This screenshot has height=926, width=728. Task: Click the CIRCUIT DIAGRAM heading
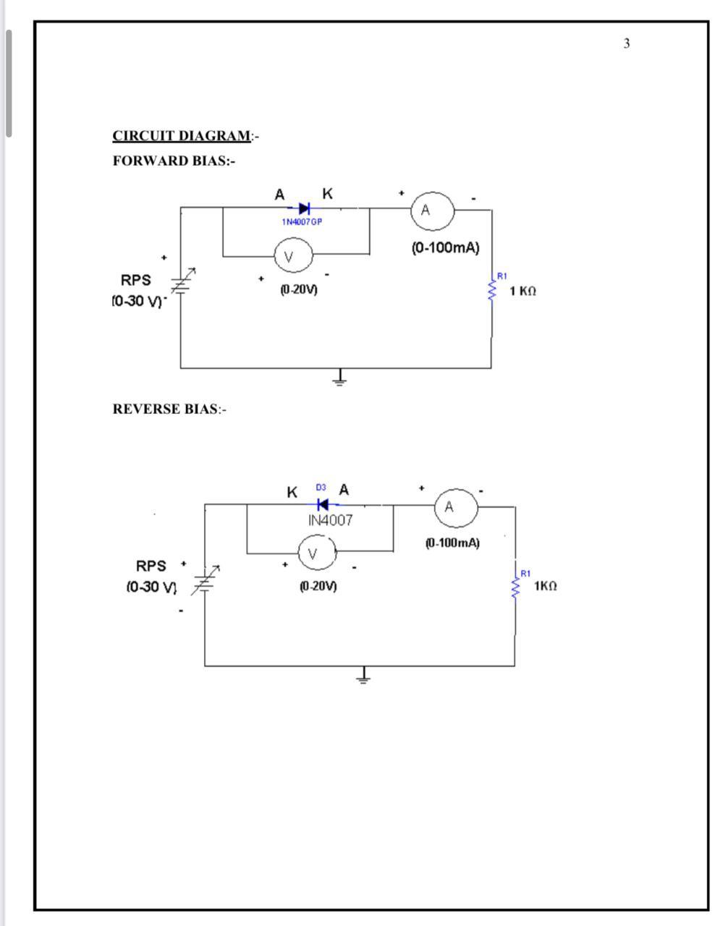coord(182,136)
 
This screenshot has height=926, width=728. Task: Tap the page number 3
coord(627,43)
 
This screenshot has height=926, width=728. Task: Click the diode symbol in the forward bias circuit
coord(304,208)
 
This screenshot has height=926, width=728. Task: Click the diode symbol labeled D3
coord(323,504)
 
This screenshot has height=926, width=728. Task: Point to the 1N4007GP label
coord(302,222)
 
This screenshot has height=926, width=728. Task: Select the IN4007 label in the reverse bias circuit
coord(330,520)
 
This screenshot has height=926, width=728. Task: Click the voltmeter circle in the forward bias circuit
coord(292,255)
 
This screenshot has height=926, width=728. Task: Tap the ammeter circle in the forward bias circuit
coord(432,211)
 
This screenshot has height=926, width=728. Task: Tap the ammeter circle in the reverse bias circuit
coord(455,507)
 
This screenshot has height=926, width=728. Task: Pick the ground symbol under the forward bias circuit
coord(339,378)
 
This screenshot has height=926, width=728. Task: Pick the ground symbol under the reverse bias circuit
coord(363,676)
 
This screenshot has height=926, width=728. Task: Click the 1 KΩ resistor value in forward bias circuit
coord(522,291)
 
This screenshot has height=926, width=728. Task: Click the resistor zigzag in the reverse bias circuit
coord(515,587)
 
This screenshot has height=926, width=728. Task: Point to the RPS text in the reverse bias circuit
coord(151,566)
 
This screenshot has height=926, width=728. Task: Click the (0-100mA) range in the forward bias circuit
coord(445,247)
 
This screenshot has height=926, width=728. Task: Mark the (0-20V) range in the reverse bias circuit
coord(318,586)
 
